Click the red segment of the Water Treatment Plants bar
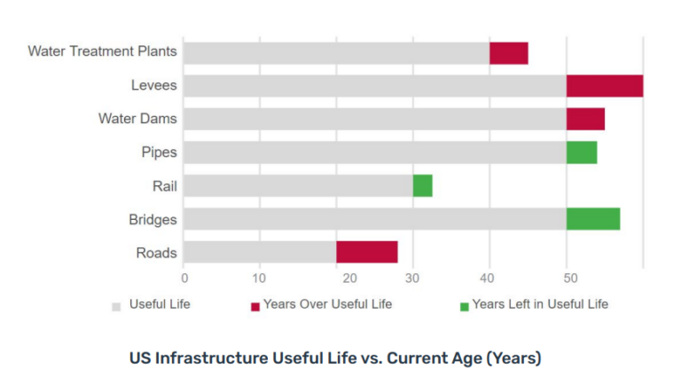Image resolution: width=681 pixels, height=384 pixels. (x=509, y=53)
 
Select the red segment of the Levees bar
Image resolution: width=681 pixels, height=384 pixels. (x=605, y=86)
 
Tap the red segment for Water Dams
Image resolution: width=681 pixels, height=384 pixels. (x=585, y=119)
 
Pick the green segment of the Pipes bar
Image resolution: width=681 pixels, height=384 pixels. (x=582, y=153)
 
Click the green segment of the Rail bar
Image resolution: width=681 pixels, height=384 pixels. (x=423, y=186)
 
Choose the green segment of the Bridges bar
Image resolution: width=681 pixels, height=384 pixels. (x=593, y=219)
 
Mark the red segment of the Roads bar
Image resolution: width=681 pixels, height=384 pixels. (x=367, y=252)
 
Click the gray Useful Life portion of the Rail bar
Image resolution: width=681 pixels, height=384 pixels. (x=298, y=186)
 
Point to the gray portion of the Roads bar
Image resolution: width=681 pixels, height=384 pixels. (x=260, y=252)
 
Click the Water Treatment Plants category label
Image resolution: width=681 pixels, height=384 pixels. (x=103, y=51)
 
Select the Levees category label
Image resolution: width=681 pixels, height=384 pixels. (x=154, y=85)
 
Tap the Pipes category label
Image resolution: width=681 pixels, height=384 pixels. (x=160, y=153)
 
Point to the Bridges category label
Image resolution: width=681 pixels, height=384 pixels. (x=153, y=220)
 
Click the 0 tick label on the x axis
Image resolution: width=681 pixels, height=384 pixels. (x=184, y=278)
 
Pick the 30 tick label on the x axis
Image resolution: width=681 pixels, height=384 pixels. (x=412, y=278)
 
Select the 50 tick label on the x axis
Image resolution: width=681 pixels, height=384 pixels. (x=570, y=278)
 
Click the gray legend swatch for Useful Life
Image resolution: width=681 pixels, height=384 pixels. (x=116, y=307)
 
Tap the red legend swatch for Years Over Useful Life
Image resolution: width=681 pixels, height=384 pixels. (x=255, y=307)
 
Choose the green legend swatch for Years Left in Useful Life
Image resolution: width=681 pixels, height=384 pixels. (x=465, y=307)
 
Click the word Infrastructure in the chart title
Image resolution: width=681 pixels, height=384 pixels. (x=212, y=358)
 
